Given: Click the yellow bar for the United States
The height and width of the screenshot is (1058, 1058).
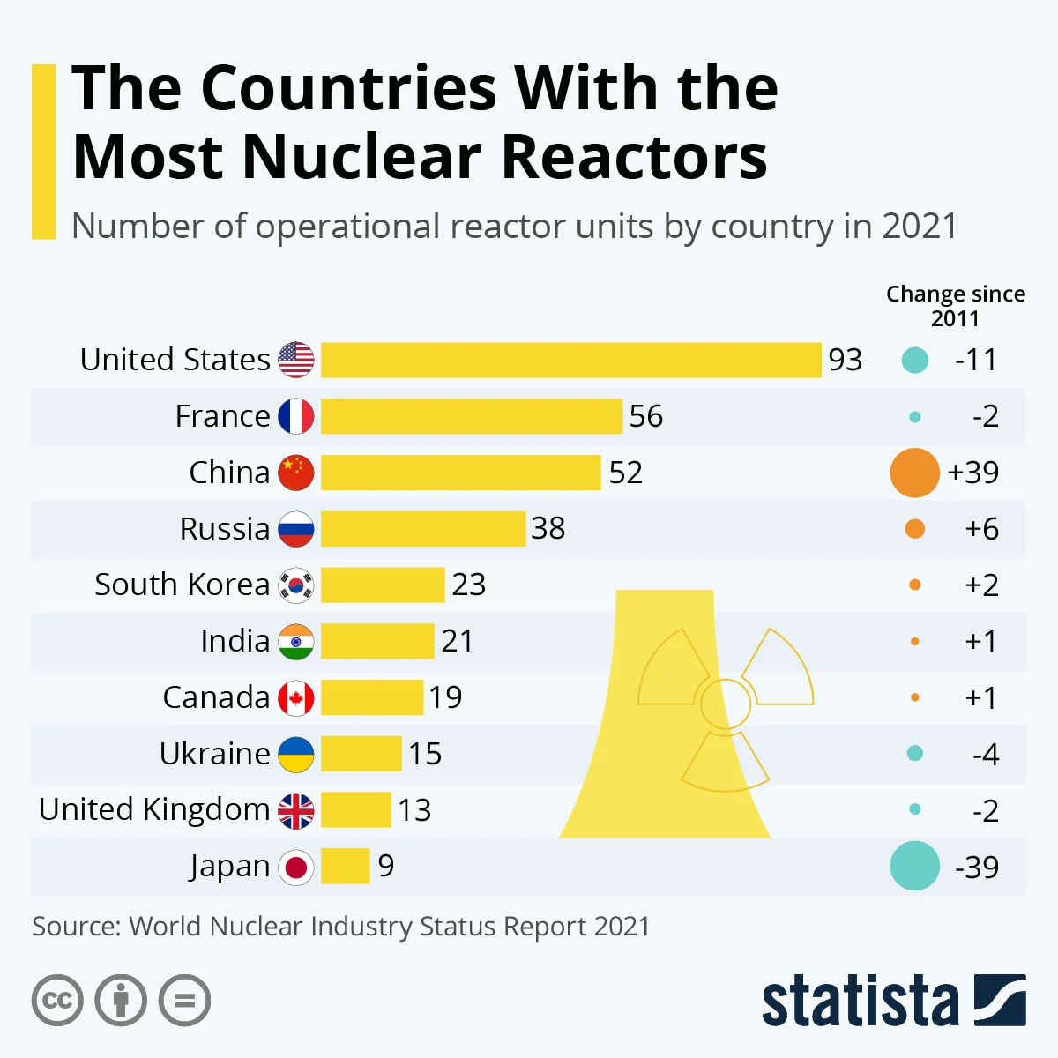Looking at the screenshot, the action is pyautogui.click(x=571, y=361).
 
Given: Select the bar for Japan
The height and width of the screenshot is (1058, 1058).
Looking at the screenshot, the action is pyautogui.click(x=346, y=866).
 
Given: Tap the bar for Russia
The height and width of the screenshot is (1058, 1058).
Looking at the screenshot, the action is pyautogui.click(x=423, y=529).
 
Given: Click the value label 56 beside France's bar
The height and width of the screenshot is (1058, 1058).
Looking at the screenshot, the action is pyautogui.click(x=646, y=416).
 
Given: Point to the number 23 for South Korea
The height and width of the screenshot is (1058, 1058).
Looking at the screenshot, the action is pyautogui.click(x=469, y=585).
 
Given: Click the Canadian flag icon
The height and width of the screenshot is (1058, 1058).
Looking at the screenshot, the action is pyautogui.click(x=296, y=698).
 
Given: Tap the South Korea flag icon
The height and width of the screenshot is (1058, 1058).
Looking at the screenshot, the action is pyautogui.click(x=296, y=585).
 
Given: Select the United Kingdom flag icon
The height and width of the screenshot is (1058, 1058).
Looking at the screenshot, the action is pyautogui.click(x=296, y=811).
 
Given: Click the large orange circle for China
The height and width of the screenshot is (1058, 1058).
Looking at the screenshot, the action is pyautogui.click(x=914, y=473).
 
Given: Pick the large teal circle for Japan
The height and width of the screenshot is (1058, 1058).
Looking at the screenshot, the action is pyautogui.click(x=914, y=866).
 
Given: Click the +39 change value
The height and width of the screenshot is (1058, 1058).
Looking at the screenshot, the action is pyautogui.click(x=973, y=473).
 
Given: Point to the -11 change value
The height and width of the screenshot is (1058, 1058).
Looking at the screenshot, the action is pyautogui.click(x=976, y=361).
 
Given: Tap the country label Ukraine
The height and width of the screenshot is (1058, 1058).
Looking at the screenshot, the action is pyautogui.click(x=214, y=753).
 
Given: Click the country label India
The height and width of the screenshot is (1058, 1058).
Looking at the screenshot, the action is pyautogui.click(x=235, y=641).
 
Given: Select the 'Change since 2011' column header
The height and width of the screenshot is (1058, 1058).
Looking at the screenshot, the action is pyautogui.click(x=956, y=306).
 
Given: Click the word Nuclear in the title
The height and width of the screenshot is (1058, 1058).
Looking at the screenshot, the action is pyautogui.click(x=362, y=156).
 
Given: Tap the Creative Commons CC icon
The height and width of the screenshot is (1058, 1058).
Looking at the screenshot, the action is pyautogui.click(x=57, y=1001).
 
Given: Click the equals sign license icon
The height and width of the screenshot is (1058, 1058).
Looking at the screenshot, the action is pyautogui.click(x=184, y=1001).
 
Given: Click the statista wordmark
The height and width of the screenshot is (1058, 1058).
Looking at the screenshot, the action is pyautogui.click(x=861, y=1001).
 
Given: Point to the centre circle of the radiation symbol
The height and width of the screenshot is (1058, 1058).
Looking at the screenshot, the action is pyautogui.click(x=726, y=704).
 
